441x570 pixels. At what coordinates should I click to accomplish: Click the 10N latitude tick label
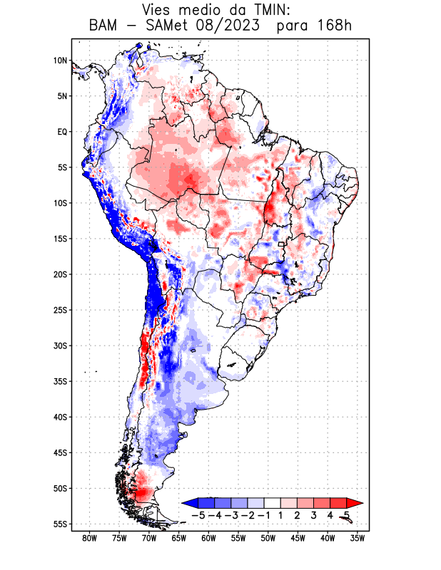tap(60, 61)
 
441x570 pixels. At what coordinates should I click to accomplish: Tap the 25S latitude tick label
tap(60, 310)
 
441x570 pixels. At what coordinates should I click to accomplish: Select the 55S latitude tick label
tap(60, 524)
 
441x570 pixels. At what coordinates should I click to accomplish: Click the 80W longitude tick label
tap(89, 539)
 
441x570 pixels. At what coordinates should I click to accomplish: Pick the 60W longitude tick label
tap(208, 539)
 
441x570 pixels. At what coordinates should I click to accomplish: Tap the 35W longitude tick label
tap(358, 539)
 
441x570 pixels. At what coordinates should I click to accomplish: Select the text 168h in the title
tap(334, 26)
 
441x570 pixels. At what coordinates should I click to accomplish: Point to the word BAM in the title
tap(105, 26)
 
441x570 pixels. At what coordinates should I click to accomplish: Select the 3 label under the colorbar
tap(313, 514)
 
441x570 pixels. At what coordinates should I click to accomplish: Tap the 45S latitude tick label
tap(60, 452)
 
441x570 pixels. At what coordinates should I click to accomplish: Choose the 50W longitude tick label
tap(268, 539)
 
